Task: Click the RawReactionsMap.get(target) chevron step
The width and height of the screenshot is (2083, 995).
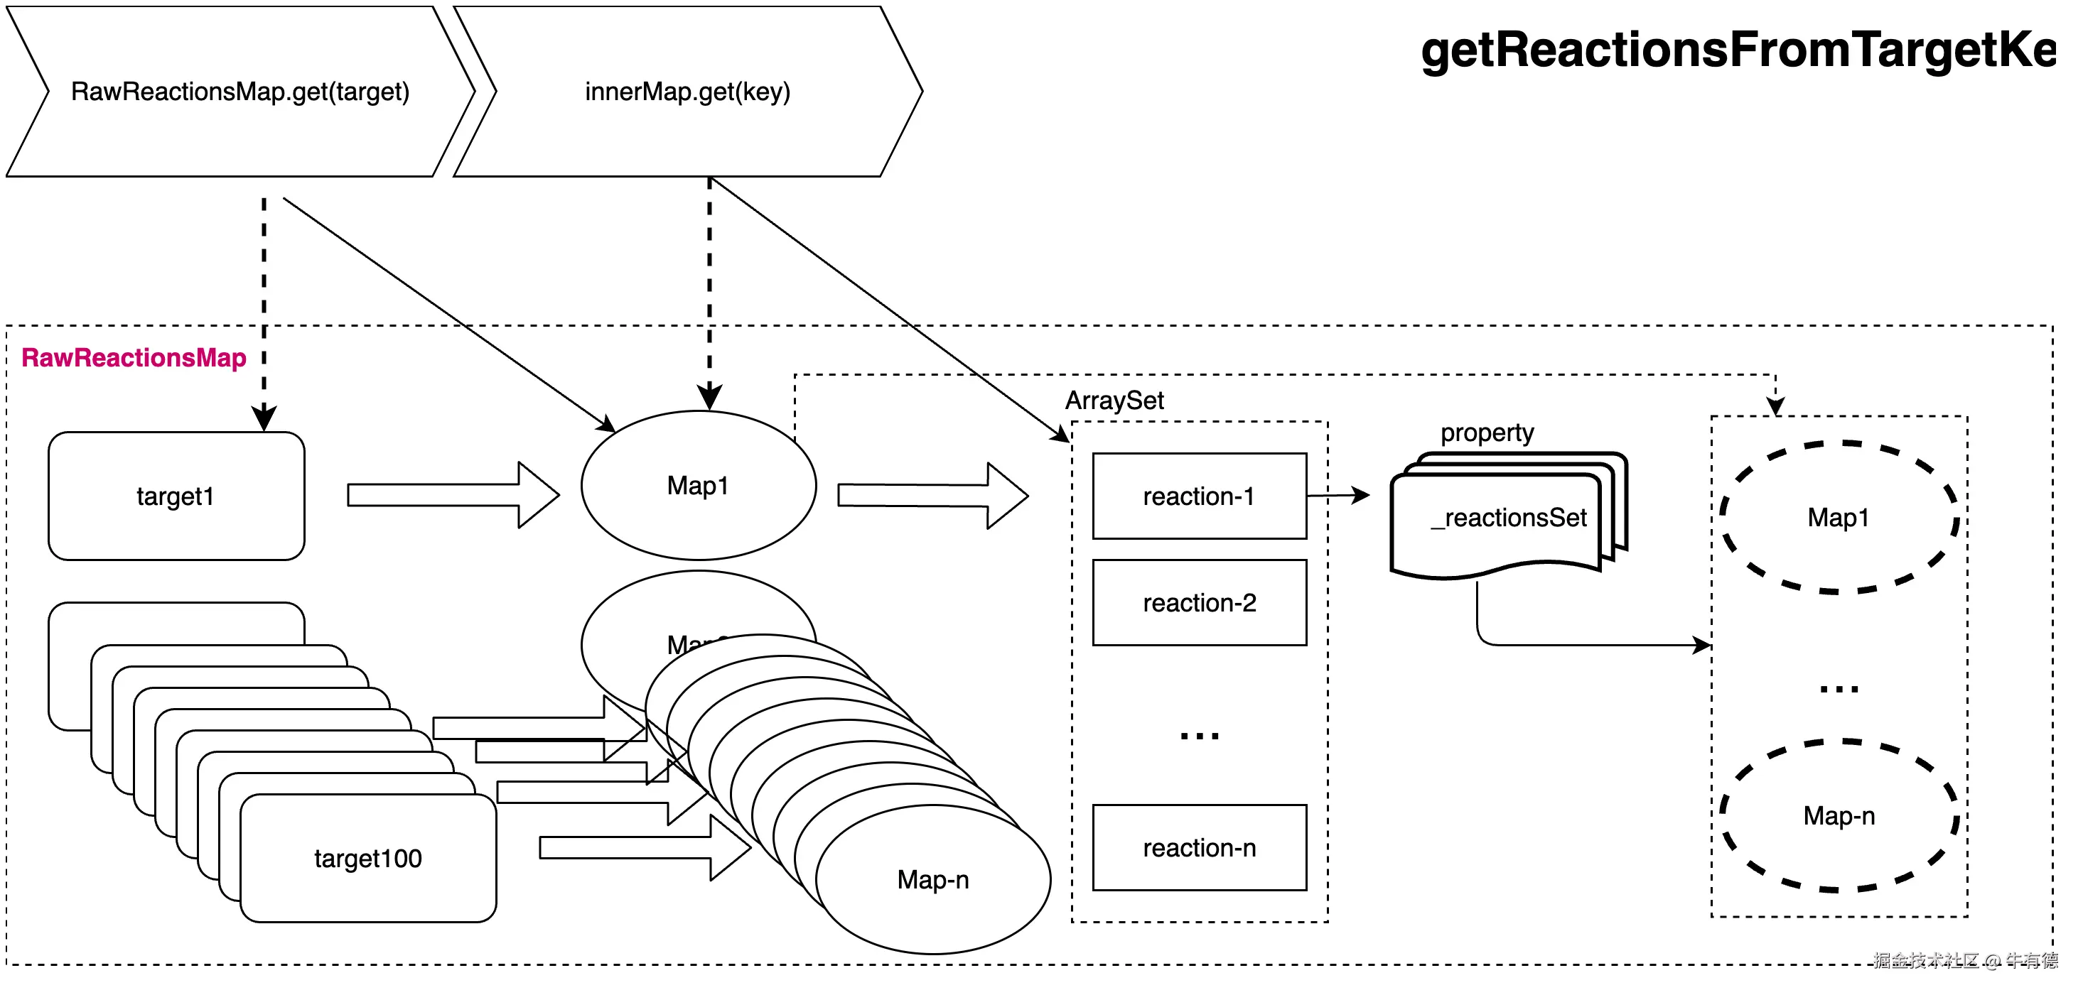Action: tap(240, 92)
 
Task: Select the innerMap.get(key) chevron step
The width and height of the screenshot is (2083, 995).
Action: tap(687, 92)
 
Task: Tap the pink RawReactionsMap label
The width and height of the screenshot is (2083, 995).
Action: tap(134, 358)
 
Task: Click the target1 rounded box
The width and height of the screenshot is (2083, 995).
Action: tap(176, 496)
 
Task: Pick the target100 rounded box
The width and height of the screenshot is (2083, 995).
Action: tap(368, 859)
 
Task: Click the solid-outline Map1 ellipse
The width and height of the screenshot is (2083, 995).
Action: tap(699, 486)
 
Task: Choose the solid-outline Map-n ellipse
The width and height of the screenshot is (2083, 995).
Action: tap(933, 879)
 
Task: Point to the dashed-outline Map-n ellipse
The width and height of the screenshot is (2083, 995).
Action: tap(1838, 816)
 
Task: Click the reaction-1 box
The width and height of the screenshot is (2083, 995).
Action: tap(1199, 496)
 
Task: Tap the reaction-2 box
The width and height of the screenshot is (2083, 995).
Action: tap(1199, 603)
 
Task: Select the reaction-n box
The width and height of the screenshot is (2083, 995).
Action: tap(1199, 848)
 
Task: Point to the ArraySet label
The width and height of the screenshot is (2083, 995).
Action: tap(1114, 401)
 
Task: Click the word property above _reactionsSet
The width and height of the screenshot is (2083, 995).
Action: tap(1486, 433)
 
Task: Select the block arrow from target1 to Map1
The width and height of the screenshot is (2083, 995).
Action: tap(453, 496)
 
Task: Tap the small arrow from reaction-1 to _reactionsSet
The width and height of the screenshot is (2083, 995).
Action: tap(1337, 496)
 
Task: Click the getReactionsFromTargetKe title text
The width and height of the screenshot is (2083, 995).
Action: tap(1738, 50)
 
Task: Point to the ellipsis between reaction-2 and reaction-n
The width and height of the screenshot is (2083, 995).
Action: tap(1199, 736)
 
